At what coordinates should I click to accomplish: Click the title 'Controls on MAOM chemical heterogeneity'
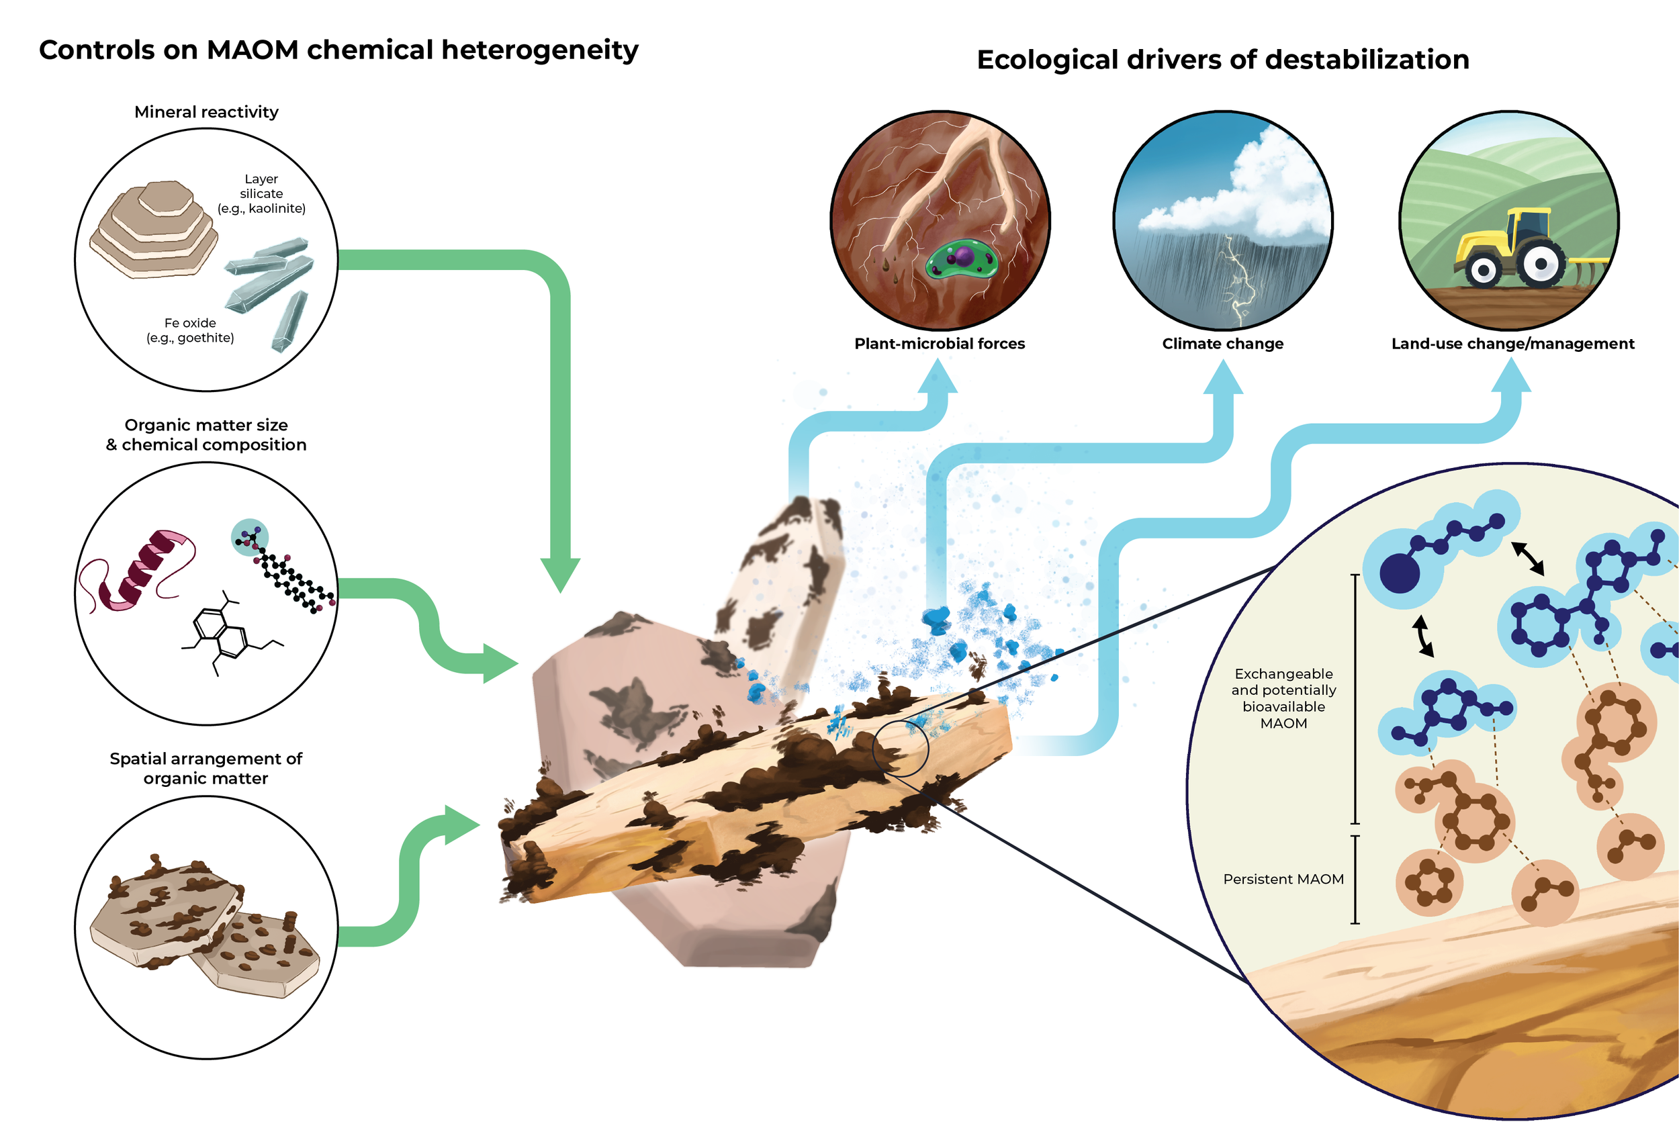[x=338, y=50]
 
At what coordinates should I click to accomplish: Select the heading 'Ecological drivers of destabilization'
[x=1222, y=60]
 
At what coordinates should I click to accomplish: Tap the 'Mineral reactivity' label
[x=206, y=112]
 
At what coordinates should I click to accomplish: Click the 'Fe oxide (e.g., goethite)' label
[x=190, y=330]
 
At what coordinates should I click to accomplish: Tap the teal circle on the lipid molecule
[x=250, y=536]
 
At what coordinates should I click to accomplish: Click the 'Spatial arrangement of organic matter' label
[x=206, y=768]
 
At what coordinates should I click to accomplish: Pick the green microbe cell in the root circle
[x=962, y=260]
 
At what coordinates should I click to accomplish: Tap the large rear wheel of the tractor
[x=1541, y=263]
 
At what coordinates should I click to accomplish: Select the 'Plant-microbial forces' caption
[x=940, y=344]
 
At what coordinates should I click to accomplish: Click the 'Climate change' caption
[x=1222, y=344]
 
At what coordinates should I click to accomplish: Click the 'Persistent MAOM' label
[x=1283, y=879]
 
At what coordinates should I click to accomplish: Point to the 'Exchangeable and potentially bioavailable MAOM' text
[x=1283, y=698]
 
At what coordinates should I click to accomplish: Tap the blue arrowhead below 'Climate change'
[x=1223, y=377]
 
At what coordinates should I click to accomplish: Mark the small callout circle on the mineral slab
[x=901, y=749]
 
